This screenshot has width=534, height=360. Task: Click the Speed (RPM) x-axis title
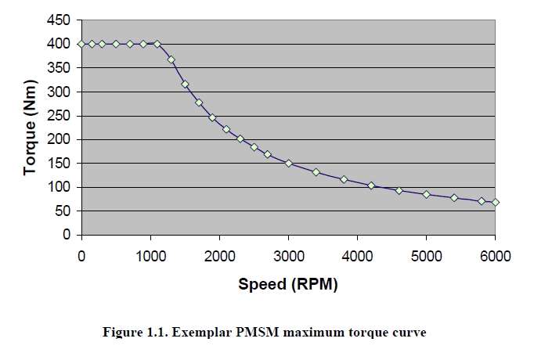coord(287,284)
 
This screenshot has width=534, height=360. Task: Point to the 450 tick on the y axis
coord(60,20)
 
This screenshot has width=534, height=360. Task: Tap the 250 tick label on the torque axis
coord(60,116)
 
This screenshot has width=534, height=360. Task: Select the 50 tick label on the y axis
coord(63,211)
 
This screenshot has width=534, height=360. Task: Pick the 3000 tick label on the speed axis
coord(288,255)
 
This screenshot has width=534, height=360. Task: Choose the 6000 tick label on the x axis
coord(495,255)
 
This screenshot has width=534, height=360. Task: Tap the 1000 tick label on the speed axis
coord(150,255)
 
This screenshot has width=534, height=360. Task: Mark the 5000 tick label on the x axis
coord(426,255)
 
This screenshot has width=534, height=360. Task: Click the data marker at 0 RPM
coord(81,44)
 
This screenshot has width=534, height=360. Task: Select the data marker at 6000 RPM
coord(495,203)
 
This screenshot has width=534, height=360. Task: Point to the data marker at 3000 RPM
coord(288,163)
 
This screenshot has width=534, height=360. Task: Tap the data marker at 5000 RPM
coord(426,194)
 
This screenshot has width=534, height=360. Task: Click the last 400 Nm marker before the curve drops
coord(157,44)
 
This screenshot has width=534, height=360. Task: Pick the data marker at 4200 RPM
coord(371,185)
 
